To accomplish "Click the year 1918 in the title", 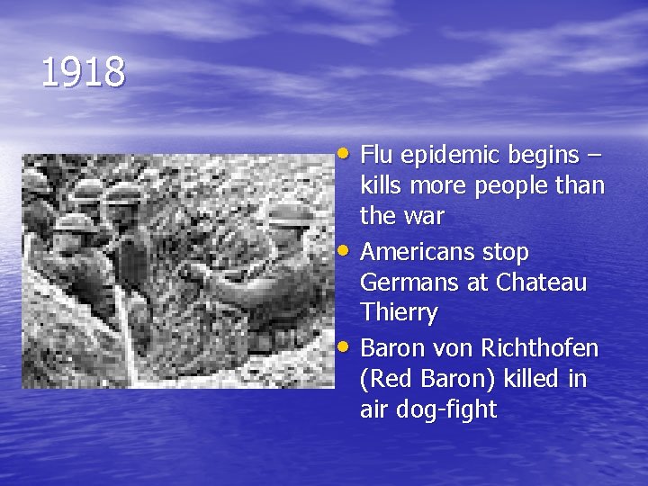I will tap(83, 73).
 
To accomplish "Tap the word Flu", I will tap(377, 155).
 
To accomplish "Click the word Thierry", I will tap(399, 314).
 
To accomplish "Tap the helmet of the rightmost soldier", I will tap(285, 216).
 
